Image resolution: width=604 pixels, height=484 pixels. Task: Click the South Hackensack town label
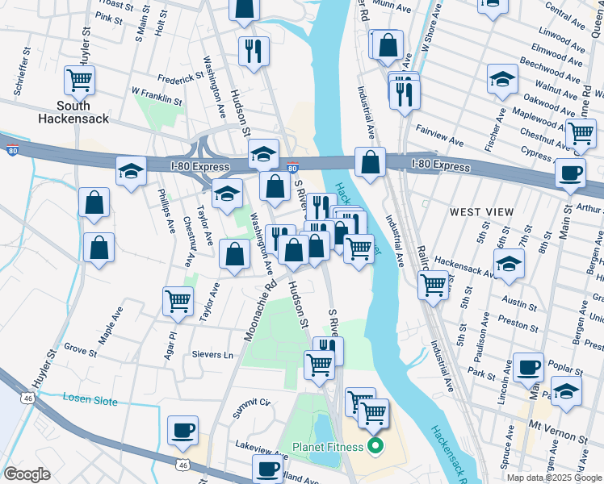(x=73, y=112)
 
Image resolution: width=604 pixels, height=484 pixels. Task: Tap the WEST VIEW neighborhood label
(x=481, y=212)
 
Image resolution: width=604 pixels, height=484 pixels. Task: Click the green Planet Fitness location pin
(x=374, y=445)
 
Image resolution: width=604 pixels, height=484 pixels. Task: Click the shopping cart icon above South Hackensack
(x=80, y=80)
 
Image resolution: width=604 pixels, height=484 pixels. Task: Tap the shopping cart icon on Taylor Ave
(x=178, y=301)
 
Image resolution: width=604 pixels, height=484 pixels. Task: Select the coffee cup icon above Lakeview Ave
(x=183, y=430)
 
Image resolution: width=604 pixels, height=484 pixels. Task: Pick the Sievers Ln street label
(x=212, y=355)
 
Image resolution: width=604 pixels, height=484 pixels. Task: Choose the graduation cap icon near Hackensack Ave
(x=509, y=265)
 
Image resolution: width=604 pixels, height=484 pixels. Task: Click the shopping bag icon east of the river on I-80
(x=369, y=162)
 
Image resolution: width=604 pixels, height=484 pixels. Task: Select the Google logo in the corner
(x=27, y=474)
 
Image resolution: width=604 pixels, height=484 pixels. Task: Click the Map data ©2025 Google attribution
(x=554, y=478)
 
